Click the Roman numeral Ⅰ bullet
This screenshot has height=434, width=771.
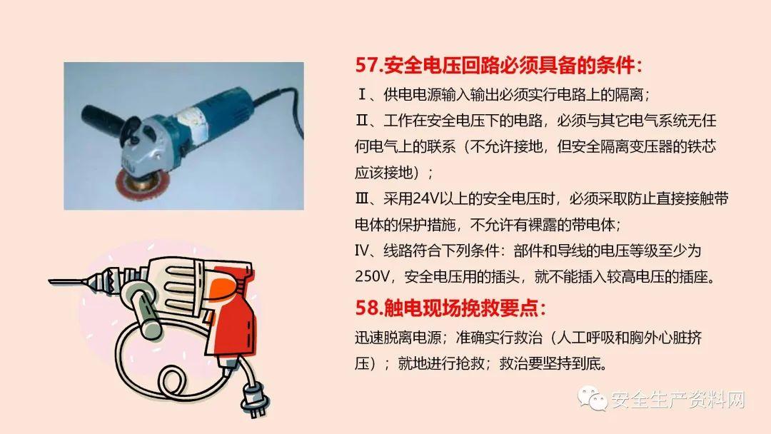[x=362, y=94]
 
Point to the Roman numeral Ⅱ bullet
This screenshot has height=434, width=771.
[x=362, y=121]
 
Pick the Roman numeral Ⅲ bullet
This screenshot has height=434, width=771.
[x=362, y=199]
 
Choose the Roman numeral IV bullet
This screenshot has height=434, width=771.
[x=362, y=251]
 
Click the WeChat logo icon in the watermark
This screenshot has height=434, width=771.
[x=593, y=398]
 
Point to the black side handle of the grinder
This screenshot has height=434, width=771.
[x=105, y=119]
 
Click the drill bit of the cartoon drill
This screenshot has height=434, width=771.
[x=68, y=281]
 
